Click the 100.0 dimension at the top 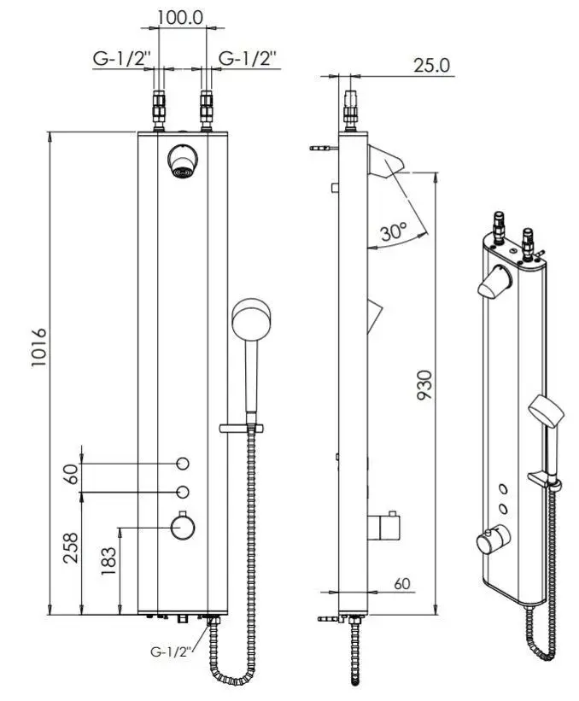180,17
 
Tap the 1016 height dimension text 39,348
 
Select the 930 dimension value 424,385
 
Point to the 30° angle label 394,231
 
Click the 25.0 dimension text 431,65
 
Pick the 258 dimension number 71,547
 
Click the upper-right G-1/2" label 248,59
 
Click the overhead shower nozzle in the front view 183,161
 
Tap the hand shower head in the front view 251,319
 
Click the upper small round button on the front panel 183,464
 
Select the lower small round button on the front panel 183,492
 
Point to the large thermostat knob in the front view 183,528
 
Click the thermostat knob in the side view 383,526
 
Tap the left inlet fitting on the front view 159,110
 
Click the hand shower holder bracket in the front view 241,428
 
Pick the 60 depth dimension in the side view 402,583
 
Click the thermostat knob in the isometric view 493,540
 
